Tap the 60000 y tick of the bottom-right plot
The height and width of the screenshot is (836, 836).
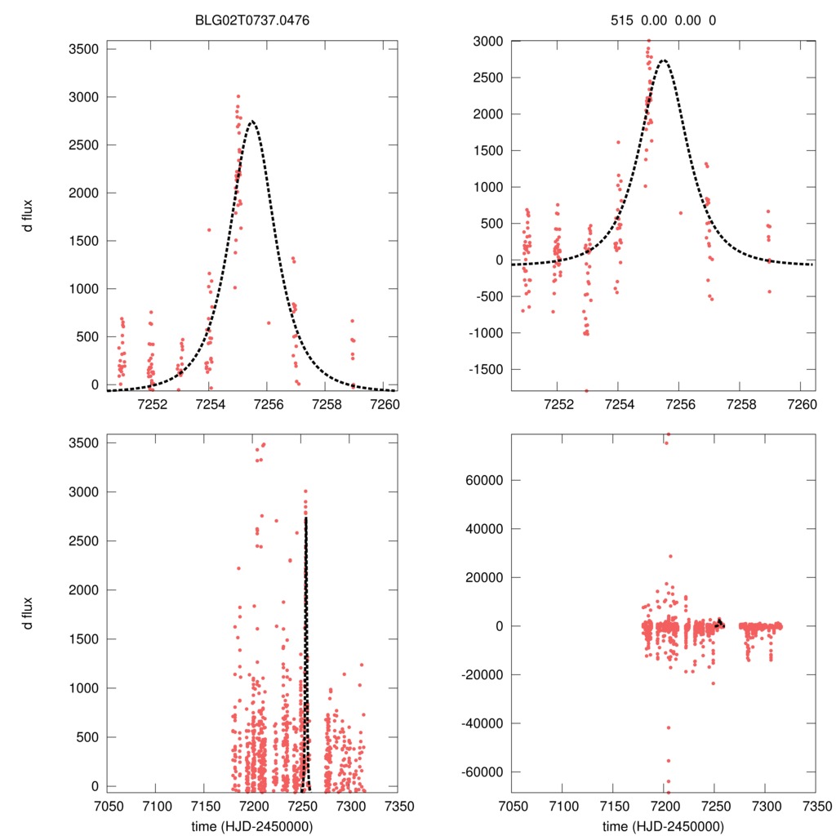click(483, 480)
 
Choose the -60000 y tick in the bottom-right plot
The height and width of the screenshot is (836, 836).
click(480, 772)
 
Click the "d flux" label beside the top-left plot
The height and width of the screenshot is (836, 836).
click(29, 216)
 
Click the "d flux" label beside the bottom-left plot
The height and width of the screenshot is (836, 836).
click(29, 614)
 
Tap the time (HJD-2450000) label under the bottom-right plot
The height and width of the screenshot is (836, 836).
click(663, 825)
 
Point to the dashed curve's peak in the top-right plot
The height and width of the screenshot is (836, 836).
click(664, 60)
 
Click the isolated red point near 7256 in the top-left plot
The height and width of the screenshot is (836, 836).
click(268, 322)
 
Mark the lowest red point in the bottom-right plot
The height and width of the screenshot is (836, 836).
click(668, 792)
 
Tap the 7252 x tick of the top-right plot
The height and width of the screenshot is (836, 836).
click(558, 402)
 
